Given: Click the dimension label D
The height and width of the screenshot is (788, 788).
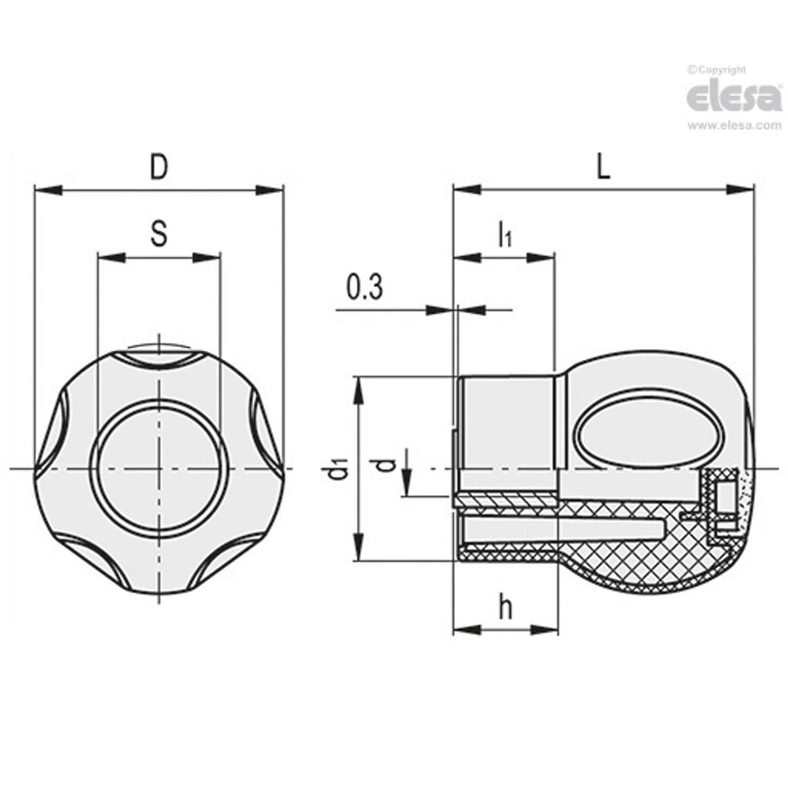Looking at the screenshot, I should coord(159,167).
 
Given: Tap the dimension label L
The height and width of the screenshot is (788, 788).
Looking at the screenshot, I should coord(604,167).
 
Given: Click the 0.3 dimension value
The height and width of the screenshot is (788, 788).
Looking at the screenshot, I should coord(365,288).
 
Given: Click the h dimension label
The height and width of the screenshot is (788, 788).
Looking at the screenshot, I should coord(506,608).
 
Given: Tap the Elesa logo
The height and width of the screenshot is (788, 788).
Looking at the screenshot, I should coord(733,97).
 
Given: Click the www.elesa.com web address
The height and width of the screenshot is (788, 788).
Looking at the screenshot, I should coord(734,125).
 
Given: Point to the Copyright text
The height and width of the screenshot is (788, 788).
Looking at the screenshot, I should coord(717,70).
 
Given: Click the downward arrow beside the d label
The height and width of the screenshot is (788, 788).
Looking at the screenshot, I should coord(405,484).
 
